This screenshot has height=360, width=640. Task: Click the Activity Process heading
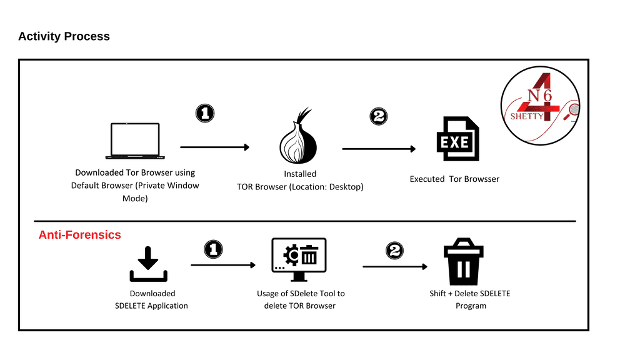tap(64, 36)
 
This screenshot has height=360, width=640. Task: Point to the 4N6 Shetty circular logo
tap(541, 104)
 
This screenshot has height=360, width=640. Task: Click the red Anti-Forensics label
tap(79, 235)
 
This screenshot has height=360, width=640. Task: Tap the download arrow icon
tap(148, 264)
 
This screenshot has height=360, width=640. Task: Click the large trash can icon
tap(463, 262)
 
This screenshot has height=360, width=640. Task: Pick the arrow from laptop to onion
tap(214, 147)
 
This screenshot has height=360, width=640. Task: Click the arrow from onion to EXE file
tap(379, 149)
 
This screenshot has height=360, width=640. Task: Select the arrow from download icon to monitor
tap(223, 265)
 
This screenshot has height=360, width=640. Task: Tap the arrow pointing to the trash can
tap(395, 266)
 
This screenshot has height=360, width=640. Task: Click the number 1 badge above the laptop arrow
tap(205, 113)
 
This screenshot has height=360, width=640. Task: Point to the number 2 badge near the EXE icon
tap(379, 116)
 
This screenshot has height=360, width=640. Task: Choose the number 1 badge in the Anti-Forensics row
tap(214, 249)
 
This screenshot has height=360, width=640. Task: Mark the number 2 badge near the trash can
tap(394, 251)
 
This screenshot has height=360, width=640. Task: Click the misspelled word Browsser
tap(482, 179)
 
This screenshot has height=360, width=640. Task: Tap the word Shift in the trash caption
tap(437, 294)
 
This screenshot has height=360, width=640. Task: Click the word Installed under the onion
tap(300, 174)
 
